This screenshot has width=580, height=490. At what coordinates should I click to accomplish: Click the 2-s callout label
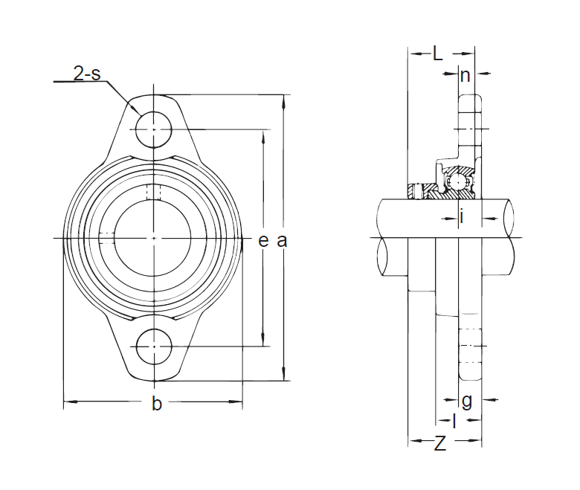pos(87,73)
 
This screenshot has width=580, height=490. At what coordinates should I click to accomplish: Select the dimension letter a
pos(282,241)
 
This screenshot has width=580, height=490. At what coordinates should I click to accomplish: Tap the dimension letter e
pos(263,241)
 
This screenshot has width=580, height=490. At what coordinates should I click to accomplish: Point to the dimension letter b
pos(157,403)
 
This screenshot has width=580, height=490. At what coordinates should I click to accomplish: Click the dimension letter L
pos(437,54)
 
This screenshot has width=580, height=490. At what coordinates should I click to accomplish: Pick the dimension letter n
pos(465,76)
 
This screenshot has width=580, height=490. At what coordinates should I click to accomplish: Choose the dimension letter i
pos(462,216)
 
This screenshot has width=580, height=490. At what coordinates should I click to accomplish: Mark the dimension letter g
pos(467,402)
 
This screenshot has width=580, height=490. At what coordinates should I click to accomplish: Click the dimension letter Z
pos(439,443)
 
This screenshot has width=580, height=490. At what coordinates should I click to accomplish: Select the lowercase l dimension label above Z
pos(454,421)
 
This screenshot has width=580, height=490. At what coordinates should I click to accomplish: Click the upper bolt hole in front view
pos(154,129)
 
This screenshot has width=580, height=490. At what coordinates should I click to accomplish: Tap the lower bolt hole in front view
pos(154,346)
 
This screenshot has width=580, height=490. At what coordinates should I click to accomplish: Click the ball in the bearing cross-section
pos(458,182)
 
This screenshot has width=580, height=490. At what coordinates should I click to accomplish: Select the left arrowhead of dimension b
pos(71,402)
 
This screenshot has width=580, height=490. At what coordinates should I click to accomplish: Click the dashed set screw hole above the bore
pos(154,192)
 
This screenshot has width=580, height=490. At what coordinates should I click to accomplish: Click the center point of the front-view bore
pos(154,238)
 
